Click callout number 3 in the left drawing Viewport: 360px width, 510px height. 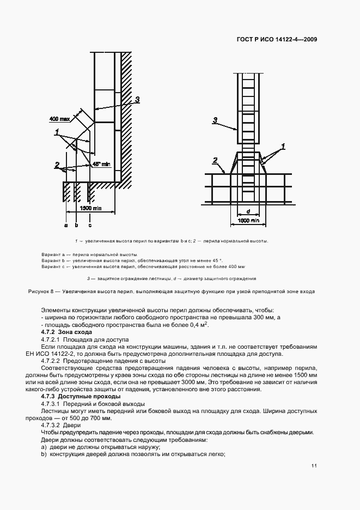(137, 100)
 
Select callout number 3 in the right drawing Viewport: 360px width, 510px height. (215, 120)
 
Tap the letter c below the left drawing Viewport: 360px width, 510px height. (90, 224)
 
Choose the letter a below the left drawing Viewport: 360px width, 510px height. (65, 224)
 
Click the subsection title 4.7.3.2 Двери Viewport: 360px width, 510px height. (61, 424)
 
